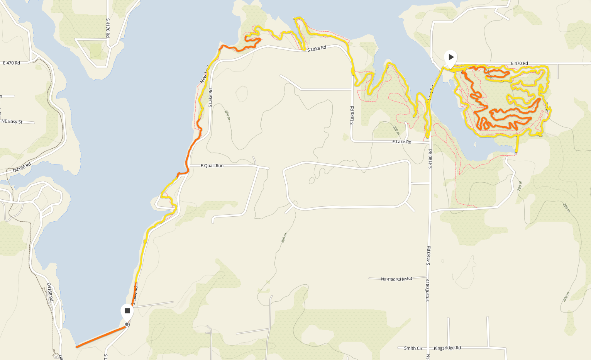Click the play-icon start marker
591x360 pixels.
click(x=450, y=58)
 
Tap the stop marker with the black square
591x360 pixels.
click(x=127, y=311)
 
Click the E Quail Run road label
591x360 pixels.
click(x=212, y=166)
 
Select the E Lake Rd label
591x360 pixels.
click(x=402, y=142)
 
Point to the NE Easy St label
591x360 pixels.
click(x=12, y=122)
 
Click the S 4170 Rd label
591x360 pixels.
click(x=108, y=28)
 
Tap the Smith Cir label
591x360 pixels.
click(x=413, y=348)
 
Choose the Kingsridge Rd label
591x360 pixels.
click(x=447, y=348)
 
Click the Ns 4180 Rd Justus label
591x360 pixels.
click(x=396, y=279)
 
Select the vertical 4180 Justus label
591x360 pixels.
click(x=427, y=290)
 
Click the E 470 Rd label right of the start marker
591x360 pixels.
click(x=519, y=63)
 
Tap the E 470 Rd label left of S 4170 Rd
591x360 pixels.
click(x=12, y=63)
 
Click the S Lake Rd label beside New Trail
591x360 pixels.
click(x=210, y=98)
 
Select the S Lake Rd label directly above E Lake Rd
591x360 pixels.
click(x=352, y=115)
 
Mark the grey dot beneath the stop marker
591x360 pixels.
click(x=127, y=324)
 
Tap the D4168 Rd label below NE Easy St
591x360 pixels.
click(x=22, y=167)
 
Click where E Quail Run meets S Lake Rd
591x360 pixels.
click(x=189, y=166)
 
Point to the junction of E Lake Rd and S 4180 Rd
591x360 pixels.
click(x=430, y=142)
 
